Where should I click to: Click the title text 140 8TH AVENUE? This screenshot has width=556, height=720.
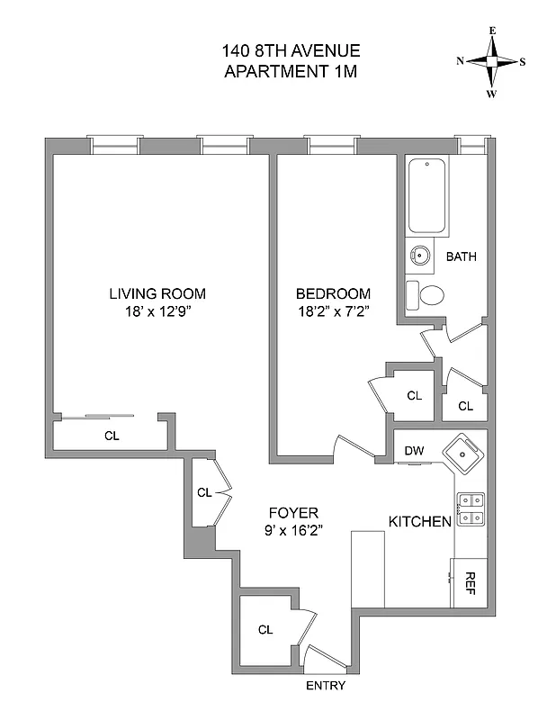click(290, 51)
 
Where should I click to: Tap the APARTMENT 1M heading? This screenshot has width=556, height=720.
click(290, 72)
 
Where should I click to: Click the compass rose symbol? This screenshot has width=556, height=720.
click(491, 62)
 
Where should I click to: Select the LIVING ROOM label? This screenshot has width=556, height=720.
click(157, 293)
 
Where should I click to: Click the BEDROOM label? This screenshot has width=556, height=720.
click(333, 293)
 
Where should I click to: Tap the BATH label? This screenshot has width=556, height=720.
click(462, 256)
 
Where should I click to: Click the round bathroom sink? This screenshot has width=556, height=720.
click(419, 255)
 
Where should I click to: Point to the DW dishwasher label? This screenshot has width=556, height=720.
click(414, 451)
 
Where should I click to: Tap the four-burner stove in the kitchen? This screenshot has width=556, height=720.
click(471, 508)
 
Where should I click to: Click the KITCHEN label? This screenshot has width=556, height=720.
click(418, 522)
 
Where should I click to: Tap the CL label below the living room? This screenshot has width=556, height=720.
click(112, 436)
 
